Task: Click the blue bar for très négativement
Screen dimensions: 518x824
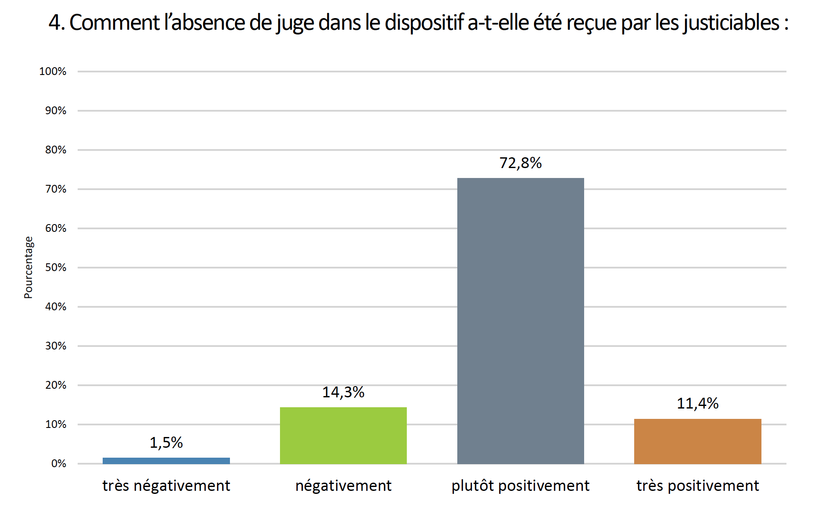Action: (166, 461)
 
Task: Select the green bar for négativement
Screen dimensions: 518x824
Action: (343, 435)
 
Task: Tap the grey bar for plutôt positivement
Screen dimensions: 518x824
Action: (520, 321)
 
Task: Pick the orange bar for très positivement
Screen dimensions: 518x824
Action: (698, 441)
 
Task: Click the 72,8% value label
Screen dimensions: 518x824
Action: (520, 163)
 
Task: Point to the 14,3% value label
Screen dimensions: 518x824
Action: (343, 392)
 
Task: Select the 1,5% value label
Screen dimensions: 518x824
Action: (166, 443)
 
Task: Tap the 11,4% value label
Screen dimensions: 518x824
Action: (698, 403)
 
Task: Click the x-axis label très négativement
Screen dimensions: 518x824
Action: (166, 486)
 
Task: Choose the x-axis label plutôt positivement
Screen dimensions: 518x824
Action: (520, 486)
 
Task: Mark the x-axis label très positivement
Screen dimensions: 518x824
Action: (698, 486)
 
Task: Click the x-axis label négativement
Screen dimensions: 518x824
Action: (343, 486)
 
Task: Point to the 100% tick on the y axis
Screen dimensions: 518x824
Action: (53, 72)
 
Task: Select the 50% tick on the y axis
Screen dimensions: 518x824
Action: (56, 268)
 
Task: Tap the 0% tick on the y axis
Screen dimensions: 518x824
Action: (59, 464)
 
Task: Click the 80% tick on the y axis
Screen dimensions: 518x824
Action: (56, 150)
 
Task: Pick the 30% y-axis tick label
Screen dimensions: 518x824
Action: (56, 346)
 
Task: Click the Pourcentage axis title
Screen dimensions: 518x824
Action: (28, 267)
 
